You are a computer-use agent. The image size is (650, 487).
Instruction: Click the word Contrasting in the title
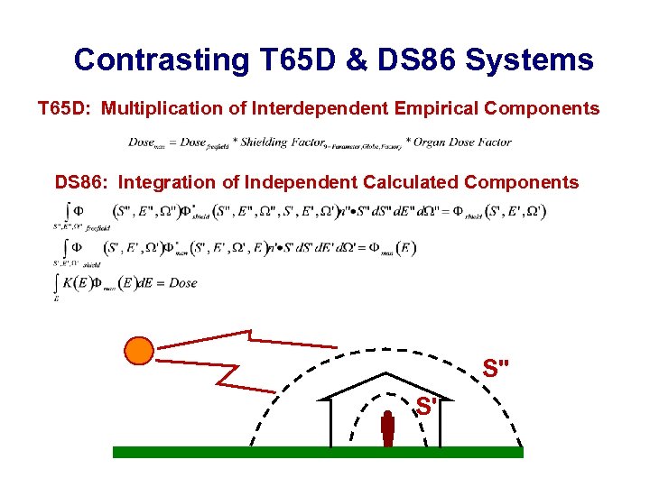click(161, 60)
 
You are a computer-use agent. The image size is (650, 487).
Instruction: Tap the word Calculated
click(411, 182)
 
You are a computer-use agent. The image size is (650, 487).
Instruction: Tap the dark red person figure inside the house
click(388, 429)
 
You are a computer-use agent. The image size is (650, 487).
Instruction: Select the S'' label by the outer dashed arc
click(496, 369)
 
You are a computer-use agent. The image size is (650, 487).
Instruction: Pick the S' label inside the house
click(426, 407)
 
